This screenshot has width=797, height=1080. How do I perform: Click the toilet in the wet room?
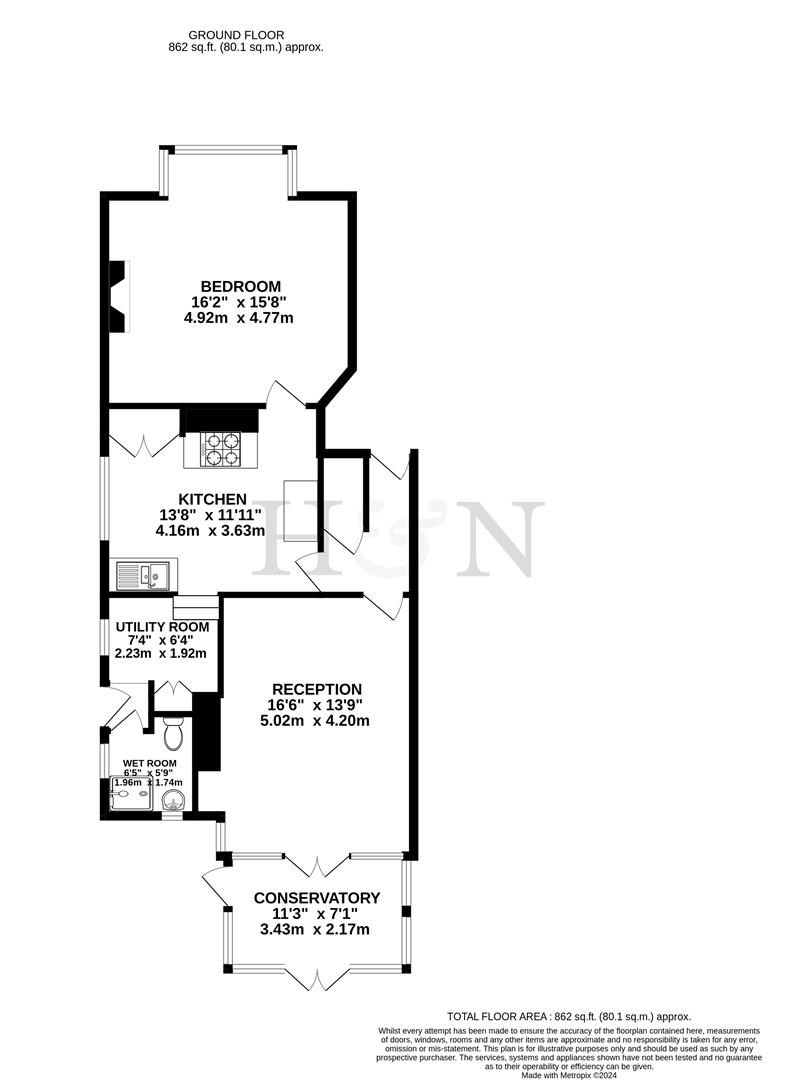click(172, 732)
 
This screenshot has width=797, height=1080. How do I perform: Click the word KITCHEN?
click(212, 499)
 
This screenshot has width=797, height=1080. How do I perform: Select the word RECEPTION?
click(316, 689)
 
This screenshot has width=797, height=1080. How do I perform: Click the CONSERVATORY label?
click(316, 897)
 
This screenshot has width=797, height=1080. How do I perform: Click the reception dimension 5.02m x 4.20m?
click(316, 721)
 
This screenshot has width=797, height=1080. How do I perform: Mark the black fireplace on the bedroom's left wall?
click(118, 295)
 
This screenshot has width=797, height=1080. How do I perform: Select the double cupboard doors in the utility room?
click(168, 689)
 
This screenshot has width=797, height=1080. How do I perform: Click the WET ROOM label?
click(150, 763)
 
